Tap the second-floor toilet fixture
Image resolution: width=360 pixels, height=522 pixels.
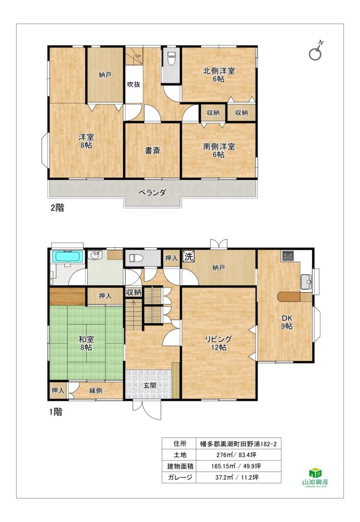click(171, 59)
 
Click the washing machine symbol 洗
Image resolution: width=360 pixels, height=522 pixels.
click(189, 257)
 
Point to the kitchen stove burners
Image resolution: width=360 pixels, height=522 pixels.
click(287, 256)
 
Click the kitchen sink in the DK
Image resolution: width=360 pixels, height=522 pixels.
click(306, 281)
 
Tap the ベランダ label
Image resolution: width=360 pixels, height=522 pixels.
click(152, 192)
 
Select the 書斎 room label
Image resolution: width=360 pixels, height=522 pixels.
click(152, 150)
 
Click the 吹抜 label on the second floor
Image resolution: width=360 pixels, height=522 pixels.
click(134, 84)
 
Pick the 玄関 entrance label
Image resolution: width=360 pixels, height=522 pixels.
click(150, 385)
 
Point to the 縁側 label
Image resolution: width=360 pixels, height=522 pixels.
click(96, 390)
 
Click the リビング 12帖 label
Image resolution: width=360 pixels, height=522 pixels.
click(218, 343)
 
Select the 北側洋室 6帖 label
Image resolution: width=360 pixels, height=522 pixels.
click(219, 74)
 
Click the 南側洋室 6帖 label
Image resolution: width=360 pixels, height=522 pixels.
click(219, 150)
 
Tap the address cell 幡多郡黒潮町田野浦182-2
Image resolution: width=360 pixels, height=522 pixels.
click(239, 444)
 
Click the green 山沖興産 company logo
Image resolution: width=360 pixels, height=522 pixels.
click(315, 477)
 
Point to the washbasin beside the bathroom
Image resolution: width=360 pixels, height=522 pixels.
click(96, 256)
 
